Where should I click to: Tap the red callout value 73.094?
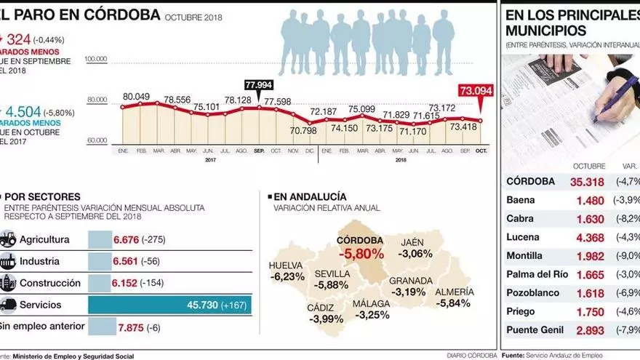pos(476,92)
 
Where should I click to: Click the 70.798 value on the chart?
pos(303,131)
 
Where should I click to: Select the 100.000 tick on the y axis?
pos(96,59)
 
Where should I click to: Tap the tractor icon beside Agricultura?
pos(7,239)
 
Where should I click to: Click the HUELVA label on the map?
pos(285,265)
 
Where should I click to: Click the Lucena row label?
pos(522,237)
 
